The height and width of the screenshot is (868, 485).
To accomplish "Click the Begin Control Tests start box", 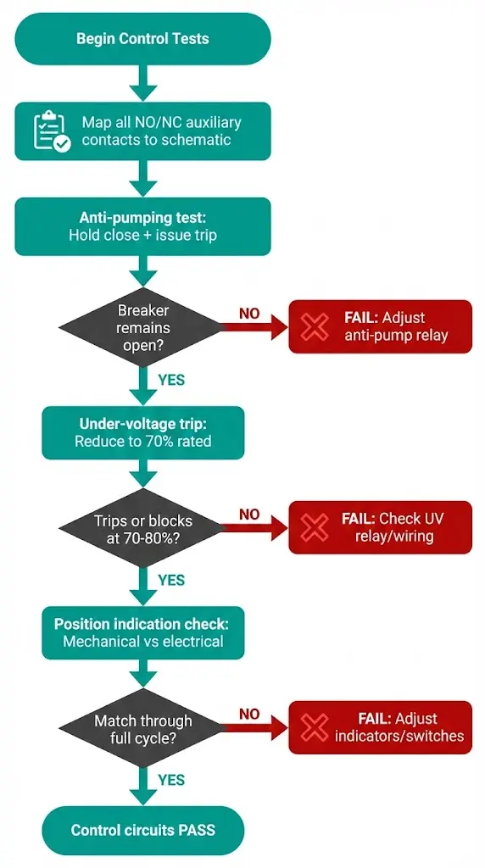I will (x=142, y=39).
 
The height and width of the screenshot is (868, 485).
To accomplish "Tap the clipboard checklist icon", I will (x=52, y=131).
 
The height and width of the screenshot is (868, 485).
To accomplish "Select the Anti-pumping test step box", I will (x=142, y=226).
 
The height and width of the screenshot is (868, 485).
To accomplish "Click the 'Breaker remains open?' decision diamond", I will (x=142, y=326).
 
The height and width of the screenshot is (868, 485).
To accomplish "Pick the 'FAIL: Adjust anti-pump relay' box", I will (x=380, y=326).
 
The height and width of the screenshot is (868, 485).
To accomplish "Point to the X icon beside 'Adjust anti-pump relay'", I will (x=315, y=326).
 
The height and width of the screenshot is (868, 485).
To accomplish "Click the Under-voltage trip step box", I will (x=142, y=432).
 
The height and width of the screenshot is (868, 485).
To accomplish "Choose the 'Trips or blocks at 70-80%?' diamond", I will (x=142, y=529).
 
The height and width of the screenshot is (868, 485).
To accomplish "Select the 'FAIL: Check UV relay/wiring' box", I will (x=380, y=527).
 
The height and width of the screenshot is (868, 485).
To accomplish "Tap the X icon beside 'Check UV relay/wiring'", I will (x=315, y=527).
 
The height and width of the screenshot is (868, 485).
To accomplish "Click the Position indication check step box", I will (x=142, y=632).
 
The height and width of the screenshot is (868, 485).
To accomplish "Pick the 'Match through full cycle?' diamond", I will (x=142, y=729).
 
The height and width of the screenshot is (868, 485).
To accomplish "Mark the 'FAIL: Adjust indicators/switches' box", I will (x=380, y=727).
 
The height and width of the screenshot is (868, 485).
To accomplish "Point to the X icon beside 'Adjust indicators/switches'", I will (x=315, y=727).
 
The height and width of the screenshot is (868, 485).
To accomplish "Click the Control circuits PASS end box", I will (x=142, y=830).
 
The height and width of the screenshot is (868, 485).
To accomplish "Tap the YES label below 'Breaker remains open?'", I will (x=171, y=380).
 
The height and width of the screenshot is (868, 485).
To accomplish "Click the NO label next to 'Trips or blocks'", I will (x=249, y=514).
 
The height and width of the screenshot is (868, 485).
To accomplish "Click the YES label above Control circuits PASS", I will (x=171, y=780).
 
